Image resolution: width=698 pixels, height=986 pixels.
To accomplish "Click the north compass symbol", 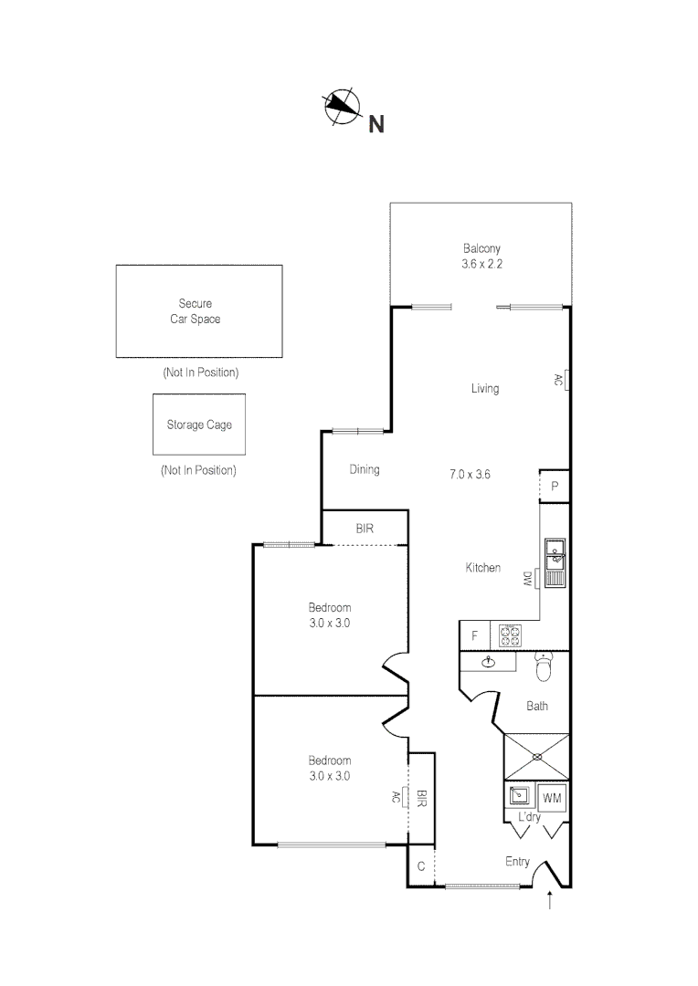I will coord(342,107).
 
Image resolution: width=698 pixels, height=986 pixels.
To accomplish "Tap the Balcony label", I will coord(481,248).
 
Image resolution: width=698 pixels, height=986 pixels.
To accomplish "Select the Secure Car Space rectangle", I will coord(198,310).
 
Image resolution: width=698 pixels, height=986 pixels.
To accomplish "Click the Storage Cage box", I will coord(198,425).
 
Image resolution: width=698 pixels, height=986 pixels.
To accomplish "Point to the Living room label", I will coord(484,389).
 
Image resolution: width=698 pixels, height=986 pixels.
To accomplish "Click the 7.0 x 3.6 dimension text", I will coord(471,474).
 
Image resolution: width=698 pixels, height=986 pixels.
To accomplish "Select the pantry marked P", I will coord(554,487).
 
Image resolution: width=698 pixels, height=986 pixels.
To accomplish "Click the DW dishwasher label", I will coord(527,578).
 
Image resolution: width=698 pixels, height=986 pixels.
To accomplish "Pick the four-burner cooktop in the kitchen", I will coord(509,635).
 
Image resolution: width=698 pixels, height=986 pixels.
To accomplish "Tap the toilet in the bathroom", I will coord(544,668).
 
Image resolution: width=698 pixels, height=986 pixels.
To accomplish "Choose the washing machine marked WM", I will coord(552,798).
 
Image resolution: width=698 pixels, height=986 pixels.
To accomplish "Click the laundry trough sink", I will coord(519,795).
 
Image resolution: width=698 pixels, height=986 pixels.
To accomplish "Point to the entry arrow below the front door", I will coord(549,902).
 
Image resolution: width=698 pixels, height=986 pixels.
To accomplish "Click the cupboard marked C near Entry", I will coord(420,866).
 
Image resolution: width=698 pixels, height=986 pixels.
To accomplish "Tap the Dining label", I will coord(365,470).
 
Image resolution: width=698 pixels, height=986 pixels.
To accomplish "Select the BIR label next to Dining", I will coord(364,528).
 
